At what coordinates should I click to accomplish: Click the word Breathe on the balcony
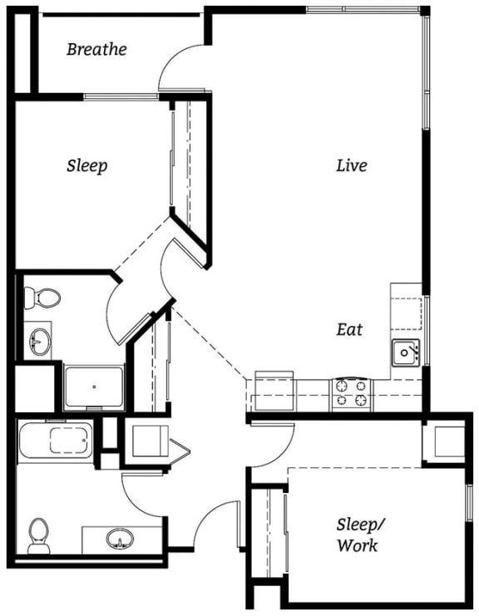[x=96, y=49]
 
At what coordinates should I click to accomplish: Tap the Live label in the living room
[x=351, y=165]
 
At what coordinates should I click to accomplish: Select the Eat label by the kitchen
[x=349, y=329]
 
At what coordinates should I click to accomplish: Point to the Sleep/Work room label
[x=358, y=535]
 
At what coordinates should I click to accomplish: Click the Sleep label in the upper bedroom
[x=86, y=165]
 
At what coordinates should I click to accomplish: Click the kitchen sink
[x=405, y=352]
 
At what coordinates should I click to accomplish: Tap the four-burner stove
[x=352, y=392]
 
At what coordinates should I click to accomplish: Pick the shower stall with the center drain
[x=94, y=387]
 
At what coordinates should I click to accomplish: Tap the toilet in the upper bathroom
[x=42, y=297]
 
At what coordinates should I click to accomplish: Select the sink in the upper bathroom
[x=38, y=340]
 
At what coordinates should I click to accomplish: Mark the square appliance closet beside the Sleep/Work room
[x=442, y=442]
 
